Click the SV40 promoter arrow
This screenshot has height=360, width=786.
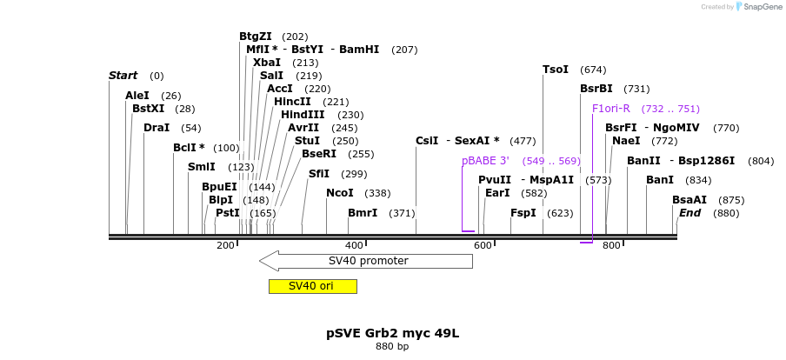pos(366,261)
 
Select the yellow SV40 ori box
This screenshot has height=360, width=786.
pos(312,286)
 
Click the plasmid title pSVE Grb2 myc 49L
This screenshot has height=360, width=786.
pos(392,333)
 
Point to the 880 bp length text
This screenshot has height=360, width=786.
pos(392,346)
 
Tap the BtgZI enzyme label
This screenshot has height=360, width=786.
pos(256,37)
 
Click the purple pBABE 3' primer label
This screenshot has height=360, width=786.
pos(485,161)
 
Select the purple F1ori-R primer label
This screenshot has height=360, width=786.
pos(610,109)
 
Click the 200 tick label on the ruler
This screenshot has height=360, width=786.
pos(225,246)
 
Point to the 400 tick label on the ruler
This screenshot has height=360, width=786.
pos(354,246)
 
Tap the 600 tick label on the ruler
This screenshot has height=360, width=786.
pos(483,246)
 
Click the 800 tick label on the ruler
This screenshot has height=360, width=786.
pos(611,246)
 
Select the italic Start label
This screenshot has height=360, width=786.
pos(123,76)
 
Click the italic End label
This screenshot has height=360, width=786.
pos(689,213)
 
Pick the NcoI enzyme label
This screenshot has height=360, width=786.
pos(340,193)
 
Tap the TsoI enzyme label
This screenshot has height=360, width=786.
pos(556,70)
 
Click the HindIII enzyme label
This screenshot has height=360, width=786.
pos(303,115)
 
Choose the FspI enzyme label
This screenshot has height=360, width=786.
pos(523,213)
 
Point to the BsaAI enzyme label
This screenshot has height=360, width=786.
pos(689,200)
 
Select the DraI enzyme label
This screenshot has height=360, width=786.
pos(157,128)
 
